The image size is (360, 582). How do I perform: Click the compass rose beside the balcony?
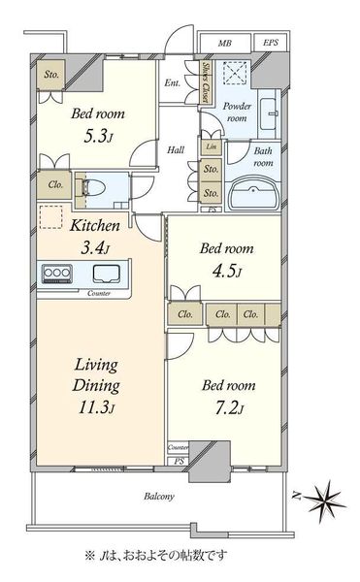(326, 501)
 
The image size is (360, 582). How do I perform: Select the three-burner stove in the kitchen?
(57, 275)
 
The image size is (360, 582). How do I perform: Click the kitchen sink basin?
(106, 274)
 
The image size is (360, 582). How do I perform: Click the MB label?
(224, 44)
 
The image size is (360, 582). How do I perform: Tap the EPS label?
(271, 43)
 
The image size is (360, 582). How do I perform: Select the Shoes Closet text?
(205, 82)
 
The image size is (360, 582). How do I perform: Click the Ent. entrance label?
(173, 82)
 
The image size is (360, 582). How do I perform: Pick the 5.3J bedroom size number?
(98, 137)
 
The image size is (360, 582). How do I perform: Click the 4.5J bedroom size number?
(227, 272)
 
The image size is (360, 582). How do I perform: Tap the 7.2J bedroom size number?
(229, 408)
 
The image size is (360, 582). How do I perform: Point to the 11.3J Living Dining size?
(96, 407)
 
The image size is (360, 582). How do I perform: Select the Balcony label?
(159, 497)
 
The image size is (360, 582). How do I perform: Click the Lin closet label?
(212, 146)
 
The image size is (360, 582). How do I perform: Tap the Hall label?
(176, 150)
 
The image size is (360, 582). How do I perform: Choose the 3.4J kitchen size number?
(95, 247)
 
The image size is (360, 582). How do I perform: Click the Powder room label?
(237, 112)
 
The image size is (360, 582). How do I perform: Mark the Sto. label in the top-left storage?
(51, 75)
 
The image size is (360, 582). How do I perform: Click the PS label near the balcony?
(179, 462)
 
